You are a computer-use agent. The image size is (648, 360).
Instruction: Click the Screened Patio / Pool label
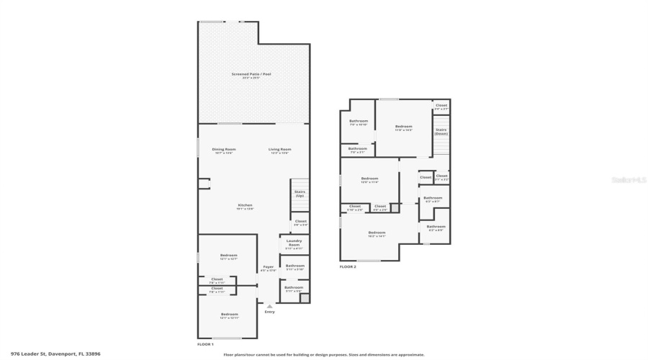251,75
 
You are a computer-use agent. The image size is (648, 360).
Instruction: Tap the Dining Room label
224,150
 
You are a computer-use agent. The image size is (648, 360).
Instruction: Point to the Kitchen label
246,206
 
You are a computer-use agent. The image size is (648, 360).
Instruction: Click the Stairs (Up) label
300,194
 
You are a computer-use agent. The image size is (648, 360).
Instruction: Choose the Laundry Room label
294,243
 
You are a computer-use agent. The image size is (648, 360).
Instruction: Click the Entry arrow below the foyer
269,305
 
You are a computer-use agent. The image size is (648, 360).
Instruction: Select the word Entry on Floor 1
269,312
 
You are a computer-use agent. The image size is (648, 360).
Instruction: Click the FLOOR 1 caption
205,345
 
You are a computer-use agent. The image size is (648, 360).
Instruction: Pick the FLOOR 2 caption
348,266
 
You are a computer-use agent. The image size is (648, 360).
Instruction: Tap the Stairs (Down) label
441,132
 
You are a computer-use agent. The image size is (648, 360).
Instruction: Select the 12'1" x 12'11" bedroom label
229,315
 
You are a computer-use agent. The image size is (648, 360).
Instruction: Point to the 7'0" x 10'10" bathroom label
359,122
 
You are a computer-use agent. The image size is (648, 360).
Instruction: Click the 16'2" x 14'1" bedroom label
377,233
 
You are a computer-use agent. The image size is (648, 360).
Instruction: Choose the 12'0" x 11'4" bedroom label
369,179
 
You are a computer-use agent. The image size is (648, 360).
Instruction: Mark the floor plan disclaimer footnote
324,354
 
